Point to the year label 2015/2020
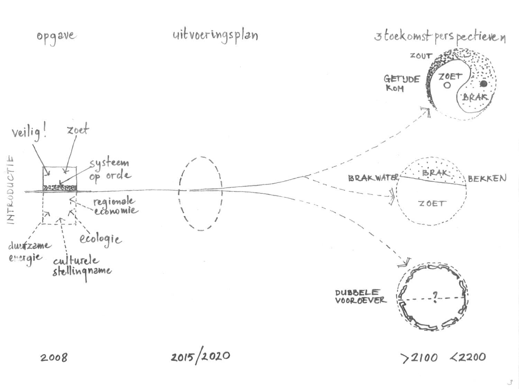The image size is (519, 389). pos(200,356)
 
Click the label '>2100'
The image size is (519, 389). pos(419,358)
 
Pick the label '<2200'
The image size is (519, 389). pos(467,356)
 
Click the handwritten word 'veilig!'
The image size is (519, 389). pos(29,132)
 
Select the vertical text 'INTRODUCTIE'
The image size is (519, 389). pos(11,190)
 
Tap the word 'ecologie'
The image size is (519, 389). pos(101,239)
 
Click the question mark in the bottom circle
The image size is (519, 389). pos(435,297)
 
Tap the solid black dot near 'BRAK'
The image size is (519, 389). pos(483,84)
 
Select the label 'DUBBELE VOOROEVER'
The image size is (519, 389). pos(359,296)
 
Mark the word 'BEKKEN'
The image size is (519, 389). pos(487,179)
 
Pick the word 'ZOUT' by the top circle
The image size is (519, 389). pos(421,56)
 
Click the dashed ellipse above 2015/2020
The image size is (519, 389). pos(200,194)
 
